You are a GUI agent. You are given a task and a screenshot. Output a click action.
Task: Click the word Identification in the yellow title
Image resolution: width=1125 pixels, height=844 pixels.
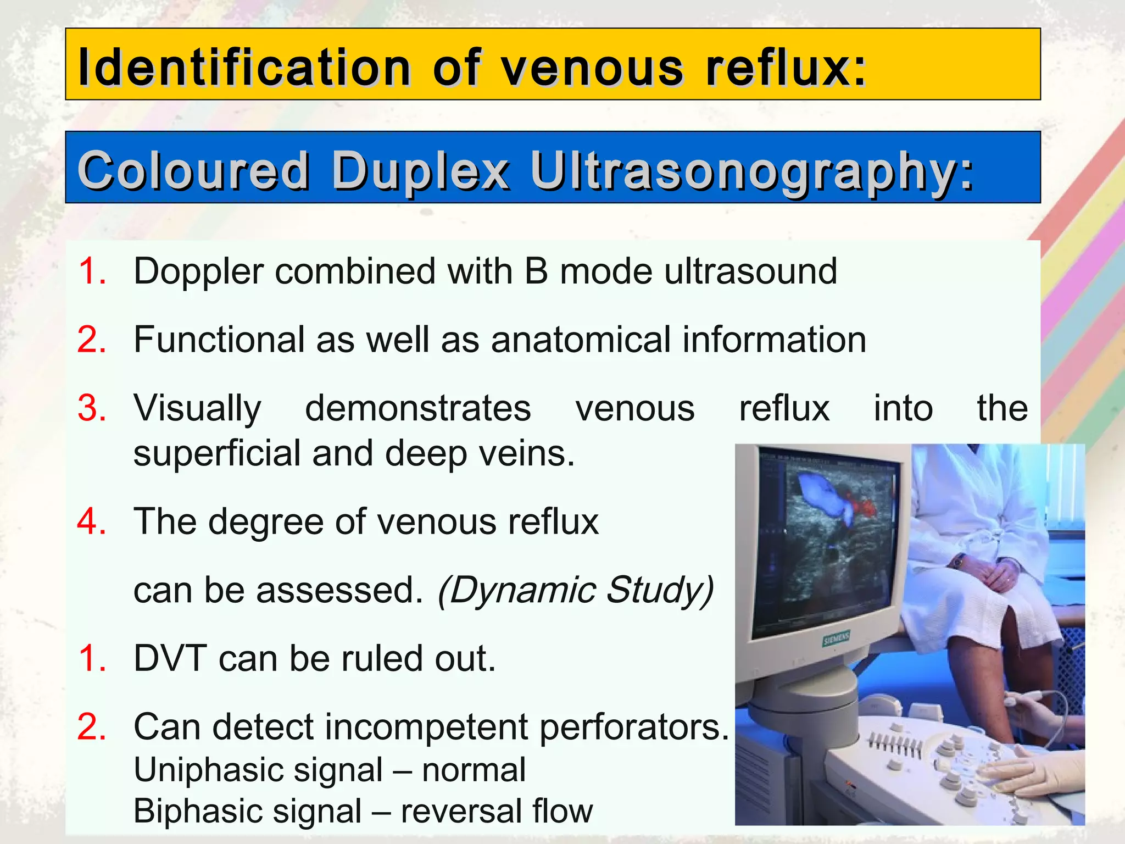point(244,68)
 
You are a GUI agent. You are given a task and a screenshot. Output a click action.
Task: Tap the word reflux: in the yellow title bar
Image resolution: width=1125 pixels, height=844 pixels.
point(786,68)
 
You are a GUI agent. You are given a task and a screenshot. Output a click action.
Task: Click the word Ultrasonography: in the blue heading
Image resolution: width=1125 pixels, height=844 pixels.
point(752,171)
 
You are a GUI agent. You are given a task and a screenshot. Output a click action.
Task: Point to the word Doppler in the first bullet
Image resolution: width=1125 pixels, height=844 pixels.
point(198,272)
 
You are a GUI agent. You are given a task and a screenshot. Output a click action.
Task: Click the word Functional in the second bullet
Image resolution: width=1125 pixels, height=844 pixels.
point(219,340)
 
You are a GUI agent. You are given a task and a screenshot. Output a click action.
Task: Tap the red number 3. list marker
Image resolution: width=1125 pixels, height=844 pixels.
point(92,408)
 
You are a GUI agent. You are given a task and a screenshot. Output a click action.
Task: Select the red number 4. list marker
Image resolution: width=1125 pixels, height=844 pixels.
point(92,521)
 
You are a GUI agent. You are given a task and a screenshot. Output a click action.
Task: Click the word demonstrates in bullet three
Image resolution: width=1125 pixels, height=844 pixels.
point(418,408)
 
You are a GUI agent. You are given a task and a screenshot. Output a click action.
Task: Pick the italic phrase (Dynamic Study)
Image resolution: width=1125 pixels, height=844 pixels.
point(576,590)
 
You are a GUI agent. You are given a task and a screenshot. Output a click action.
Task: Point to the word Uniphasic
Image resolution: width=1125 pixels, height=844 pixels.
point(204,770)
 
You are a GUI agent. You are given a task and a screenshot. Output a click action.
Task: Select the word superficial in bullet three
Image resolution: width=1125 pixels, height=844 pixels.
point(218,454)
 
